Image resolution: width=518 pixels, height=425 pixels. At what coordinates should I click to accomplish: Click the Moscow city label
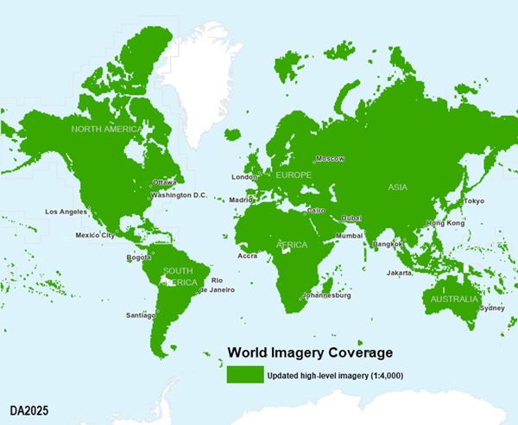click(330, 159)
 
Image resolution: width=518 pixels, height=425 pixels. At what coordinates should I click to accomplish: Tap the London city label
click(245, 177)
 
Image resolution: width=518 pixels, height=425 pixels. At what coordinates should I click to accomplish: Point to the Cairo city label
click(316, 210)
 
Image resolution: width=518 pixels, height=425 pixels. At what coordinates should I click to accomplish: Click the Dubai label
click(351, 219)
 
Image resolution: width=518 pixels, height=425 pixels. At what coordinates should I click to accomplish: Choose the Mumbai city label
click(350, 235)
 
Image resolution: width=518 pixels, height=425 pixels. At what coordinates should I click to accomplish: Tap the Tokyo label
click(474, 201)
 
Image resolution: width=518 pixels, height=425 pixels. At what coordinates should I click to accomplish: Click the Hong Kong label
click(445, 223)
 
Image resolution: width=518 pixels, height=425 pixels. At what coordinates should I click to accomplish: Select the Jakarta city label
click(399, 273)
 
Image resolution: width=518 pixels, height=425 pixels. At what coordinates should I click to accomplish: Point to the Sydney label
click(492, 308)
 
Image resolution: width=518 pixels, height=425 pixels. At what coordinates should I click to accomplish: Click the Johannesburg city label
click(326, 295)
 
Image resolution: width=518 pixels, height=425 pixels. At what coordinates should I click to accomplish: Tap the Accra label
click(248, 256)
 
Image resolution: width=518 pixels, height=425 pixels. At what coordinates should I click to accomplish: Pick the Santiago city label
click(140, 314)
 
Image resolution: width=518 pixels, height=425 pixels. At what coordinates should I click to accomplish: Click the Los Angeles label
click(66, 212)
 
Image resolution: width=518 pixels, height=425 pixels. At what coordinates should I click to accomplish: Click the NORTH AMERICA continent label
click(104, 129)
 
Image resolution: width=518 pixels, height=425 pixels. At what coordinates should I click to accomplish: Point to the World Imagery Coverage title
click(310, 352)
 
